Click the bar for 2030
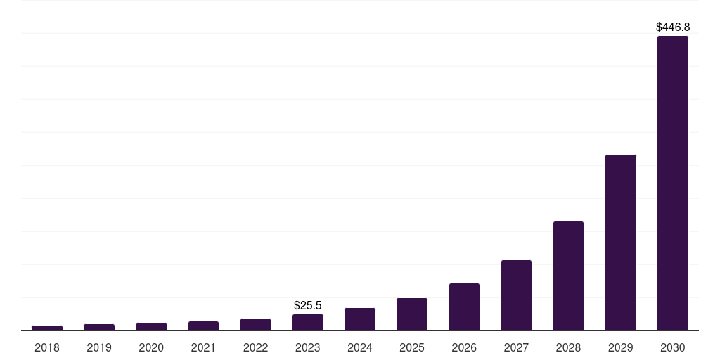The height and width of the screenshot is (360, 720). [672, 183]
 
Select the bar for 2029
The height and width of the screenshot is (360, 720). [620, 243]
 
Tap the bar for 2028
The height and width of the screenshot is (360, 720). [568, 276]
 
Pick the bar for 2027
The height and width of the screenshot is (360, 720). [516, 295]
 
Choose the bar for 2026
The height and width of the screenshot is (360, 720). [464, 307]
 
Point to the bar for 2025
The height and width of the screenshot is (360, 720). [412, 314]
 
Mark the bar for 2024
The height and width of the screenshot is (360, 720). [360, 319]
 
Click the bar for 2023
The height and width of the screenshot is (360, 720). [308, 322]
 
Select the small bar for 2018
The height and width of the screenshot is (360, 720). [47, 328]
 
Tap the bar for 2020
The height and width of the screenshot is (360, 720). [151, 326]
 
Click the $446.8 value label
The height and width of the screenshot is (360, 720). [673, 27]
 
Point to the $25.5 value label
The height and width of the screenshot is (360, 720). [308, 305]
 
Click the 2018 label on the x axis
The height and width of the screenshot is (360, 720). [47, 347]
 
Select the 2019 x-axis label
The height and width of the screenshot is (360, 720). [99, 347]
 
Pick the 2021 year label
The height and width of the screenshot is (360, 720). [203, 347]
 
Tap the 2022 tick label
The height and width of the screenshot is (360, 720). [255, 347]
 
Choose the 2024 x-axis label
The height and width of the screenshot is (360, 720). [360, 347]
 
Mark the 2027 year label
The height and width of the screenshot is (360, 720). [516, 347]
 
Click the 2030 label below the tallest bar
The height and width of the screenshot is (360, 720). [672, 347]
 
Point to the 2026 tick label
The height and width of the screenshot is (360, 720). [464, 347]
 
